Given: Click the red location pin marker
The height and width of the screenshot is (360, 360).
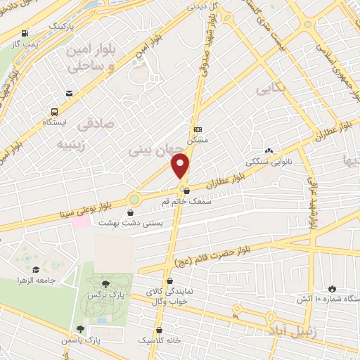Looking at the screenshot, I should click(181, 165).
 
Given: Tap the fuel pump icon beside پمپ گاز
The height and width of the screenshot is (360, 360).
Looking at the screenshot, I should click(25, 32).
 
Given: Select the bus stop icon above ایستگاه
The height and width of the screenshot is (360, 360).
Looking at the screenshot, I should click(54, 111).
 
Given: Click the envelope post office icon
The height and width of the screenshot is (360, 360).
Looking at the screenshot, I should click(69, 93).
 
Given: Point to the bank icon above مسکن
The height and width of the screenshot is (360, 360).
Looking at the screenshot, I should click(198, 129).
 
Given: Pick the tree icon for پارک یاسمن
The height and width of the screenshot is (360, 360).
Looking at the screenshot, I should click(81, 328).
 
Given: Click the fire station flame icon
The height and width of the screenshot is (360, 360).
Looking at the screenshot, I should click(331, 289).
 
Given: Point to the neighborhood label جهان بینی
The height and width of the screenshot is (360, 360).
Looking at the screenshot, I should click(156, 149).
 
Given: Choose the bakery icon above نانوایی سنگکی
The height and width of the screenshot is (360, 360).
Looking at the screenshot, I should click(269, 150).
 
